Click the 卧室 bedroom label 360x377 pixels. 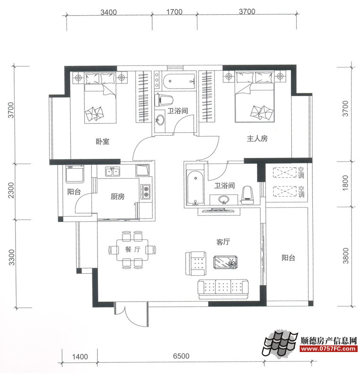[103, 141]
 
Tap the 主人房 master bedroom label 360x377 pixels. [257, 139]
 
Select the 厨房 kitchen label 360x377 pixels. [118, 197]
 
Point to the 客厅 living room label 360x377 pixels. [223, 242]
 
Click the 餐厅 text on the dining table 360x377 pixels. [132, 249]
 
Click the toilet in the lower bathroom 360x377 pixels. [248, 195]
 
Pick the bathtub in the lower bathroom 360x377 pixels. [195, 188]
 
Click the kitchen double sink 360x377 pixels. [113, 172]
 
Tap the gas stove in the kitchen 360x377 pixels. [146, 192]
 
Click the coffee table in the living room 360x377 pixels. [226, 262]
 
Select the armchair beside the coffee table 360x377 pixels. [196, 264]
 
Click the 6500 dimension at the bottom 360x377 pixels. [181, 356]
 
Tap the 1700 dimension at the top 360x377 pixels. [174, 12]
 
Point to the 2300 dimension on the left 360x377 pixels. [11, 190]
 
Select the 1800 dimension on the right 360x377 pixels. [345, 183]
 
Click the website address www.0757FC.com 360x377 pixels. [328, 348]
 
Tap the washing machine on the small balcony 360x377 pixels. [75, 173]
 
